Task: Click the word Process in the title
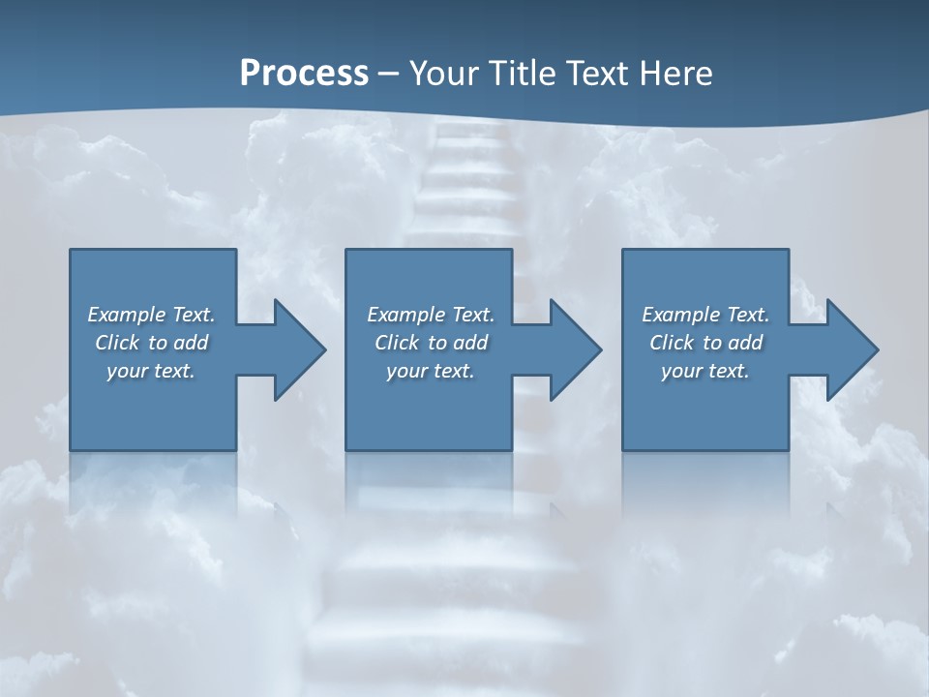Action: pyautogui.click(x=304, y=74)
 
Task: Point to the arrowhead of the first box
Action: pyautogui.click(x=300, y=349)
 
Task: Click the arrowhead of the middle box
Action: pyautogui.click(x=576, y=349)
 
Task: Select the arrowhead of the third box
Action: pyautogui.click(x=853, y=349)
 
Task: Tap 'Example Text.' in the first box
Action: pyautogui.click(x=151, y=315)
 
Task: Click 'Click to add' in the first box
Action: pyautogui.click(x=151, y=343)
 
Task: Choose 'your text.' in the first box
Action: pyautogui.click(x=151, y=371)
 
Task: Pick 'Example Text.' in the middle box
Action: pyautogui.click(x=430, y=315)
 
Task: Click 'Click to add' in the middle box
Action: pyautogui.click(x=430, y=343)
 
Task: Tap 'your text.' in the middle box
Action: pyautogui.click(x=430, y=371)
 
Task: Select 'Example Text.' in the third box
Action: pyautogui.click(x=705, y=315)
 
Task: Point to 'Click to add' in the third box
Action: pyautogui.click(x=705, y=343)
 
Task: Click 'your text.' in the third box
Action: pyautogui.click(x=705, y=371)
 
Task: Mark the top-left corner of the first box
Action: pyautogui.click(x=71, y=250)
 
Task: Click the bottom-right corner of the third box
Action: pyautogui.click(x=788, y=449)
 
